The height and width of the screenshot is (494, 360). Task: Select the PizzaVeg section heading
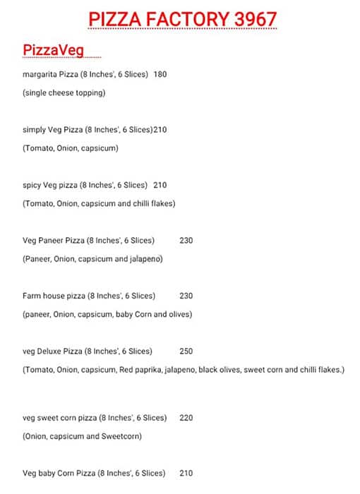click(x=53, y=51)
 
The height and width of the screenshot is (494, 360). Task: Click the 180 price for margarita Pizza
click(x=160, y=75)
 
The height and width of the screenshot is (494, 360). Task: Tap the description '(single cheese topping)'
click(x=64, y=93)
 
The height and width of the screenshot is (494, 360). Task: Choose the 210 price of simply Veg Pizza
click(x=160, y=130)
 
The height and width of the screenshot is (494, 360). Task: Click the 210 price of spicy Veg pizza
click(x=160, y=185)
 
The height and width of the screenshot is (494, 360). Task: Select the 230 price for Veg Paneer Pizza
click(x=186, y=241)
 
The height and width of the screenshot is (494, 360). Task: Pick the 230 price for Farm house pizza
click(x=186, y=296)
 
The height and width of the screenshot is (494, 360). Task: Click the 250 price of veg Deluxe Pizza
click(x=186, y=351)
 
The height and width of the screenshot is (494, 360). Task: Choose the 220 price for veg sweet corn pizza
click(x=186, y=418)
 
